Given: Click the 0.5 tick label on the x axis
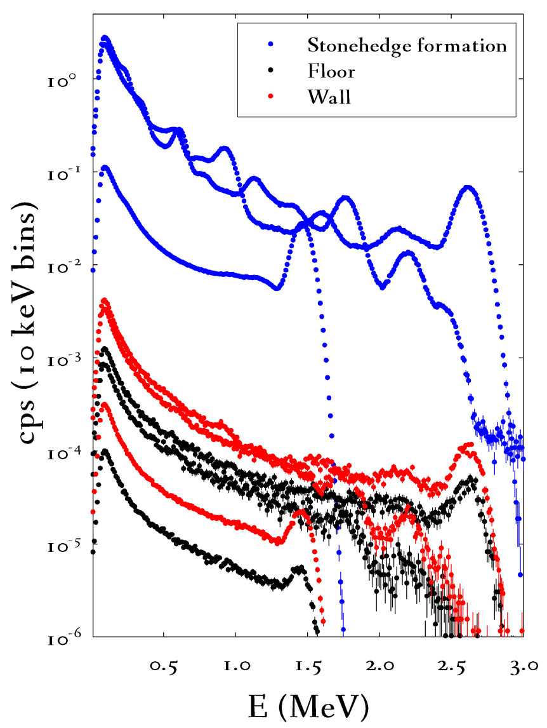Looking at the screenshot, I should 164,665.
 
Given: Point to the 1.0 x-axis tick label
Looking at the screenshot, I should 235,665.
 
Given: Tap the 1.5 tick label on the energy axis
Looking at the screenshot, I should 307,665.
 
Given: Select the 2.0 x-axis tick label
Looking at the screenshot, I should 379,665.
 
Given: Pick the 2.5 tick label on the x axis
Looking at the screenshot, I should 451,665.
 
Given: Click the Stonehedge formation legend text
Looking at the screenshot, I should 407,46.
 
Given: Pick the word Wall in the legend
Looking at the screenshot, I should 329,97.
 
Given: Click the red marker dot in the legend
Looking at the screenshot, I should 271,97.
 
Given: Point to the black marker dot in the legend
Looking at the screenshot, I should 271,71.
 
